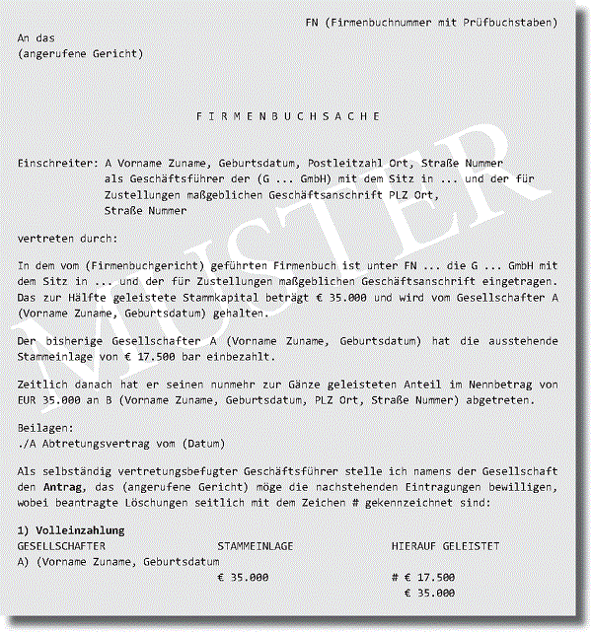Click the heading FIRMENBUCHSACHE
pyautogui.click(x=288, y=116)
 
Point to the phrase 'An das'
pyautogui.click(x=36, y=36)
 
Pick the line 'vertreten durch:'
pyautogui.click(x=66, y=239)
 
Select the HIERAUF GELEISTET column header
pyautogui.click(x=445, y=545)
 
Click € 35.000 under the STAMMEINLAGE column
pyautogui.click(x=243, y=577)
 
